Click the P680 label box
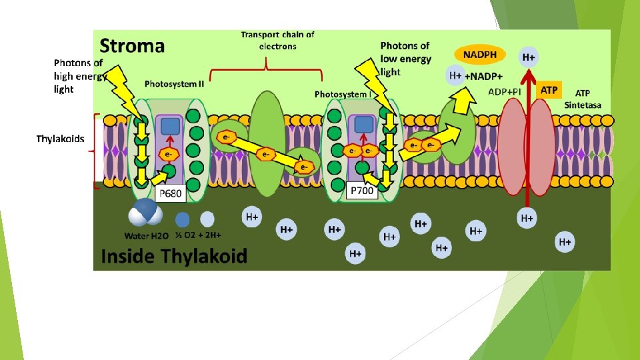point(169,193)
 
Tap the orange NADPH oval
point(480,55)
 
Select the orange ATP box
point(549,89)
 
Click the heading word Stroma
point(132,45)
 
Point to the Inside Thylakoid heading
point(174,256)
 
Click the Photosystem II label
point(175,84)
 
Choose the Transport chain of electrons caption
point(277,40)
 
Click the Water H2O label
point(147,235)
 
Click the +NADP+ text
point(485,76)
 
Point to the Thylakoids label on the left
point(60,139)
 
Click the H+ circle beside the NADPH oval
point(528,57)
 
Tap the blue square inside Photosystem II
point(170,126)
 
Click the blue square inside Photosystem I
point(363,124)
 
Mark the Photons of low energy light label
point(405,58)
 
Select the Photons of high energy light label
point(78,76)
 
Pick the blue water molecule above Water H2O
point(146,213)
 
